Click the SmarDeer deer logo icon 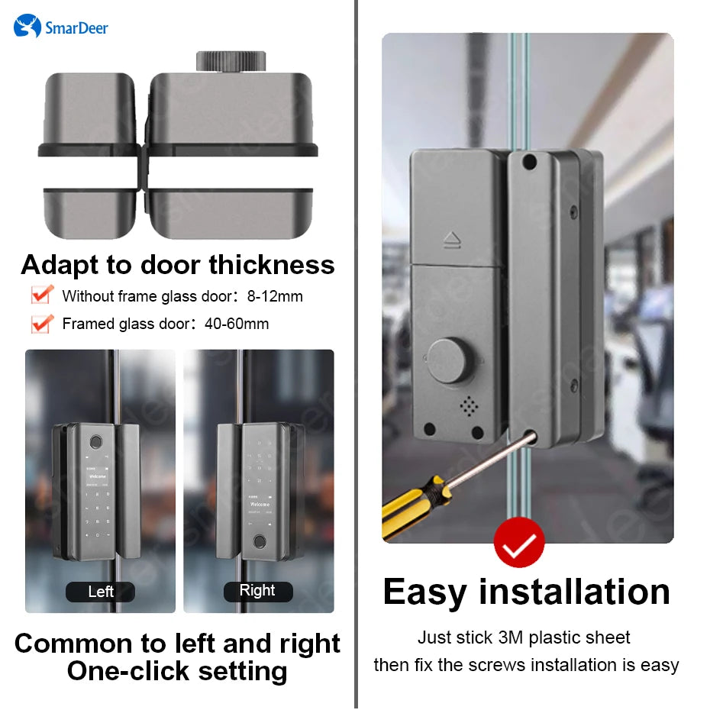[27, 27]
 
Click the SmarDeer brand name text [76, 28]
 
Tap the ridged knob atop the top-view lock [230, 61]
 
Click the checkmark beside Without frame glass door [41, 295]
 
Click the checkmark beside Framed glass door [41, 323]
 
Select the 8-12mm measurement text [274, 296]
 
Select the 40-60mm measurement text [237, 324]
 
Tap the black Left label [100, 592]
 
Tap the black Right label [257, 591]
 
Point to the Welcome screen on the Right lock [260, 505]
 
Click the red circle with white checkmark [519, 544]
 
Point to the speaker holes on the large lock [470, 405]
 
